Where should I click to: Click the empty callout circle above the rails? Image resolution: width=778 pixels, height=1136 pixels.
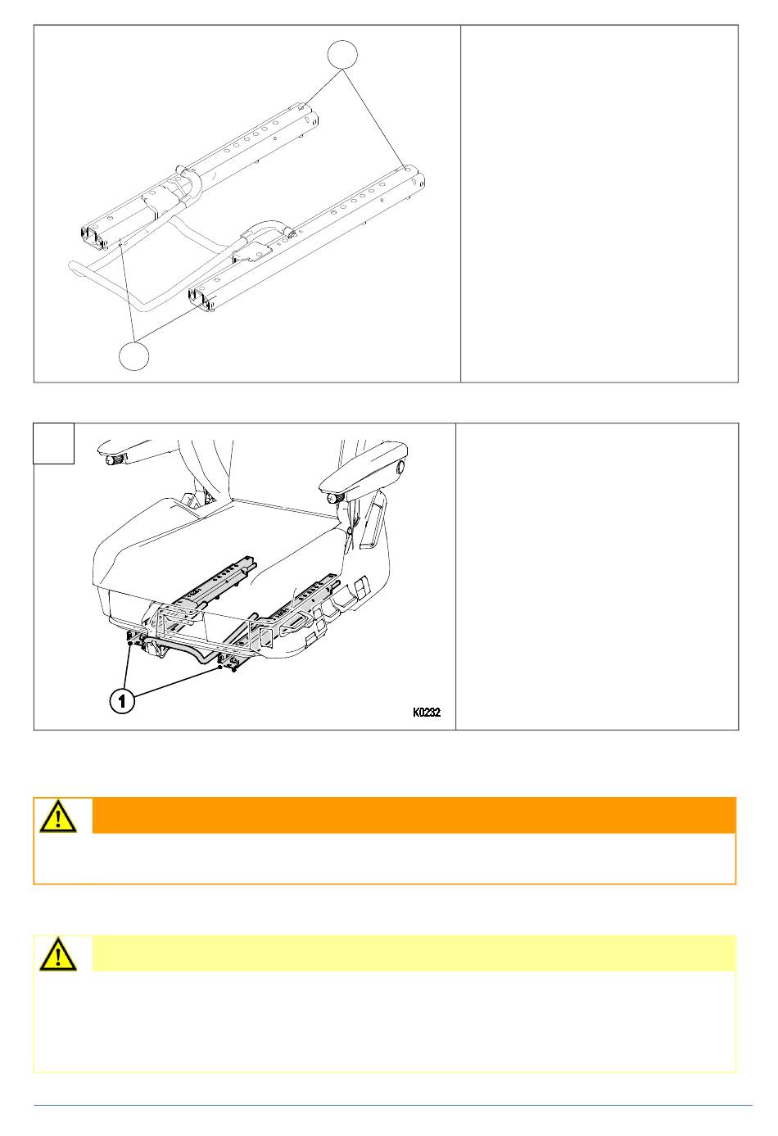coord(342,54)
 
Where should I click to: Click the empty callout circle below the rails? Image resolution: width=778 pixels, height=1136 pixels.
coord(133,355)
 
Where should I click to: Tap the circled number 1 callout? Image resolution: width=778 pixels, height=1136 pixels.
coord(122,701)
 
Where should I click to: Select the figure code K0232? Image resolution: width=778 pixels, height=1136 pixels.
coord(426,712)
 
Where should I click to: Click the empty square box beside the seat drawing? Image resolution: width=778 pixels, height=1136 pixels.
coord(54,443)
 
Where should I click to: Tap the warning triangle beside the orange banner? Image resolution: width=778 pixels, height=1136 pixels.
coord(58,816)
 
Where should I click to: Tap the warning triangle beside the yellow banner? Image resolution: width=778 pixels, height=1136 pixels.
coord(58,954)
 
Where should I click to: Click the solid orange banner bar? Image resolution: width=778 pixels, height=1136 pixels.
coord(414,815)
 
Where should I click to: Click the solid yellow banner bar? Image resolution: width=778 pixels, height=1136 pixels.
coord(414,953)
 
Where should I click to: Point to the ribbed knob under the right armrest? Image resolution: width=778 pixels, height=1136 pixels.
coord(335,499)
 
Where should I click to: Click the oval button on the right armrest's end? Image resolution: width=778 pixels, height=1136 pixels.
coord(400,466)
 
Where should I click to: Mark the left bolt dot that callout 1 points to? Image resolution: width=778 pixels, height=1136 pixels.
coord(130,643)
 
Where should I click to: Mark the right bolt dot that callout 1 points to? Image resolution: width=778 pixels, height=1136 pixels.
coord(220,668)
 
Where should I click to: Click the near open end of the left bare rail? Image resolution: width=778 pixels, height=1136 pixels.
coord(94,238)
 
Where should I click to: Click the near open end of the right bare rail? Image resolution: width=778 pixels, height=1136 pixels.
coord(201,299)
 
